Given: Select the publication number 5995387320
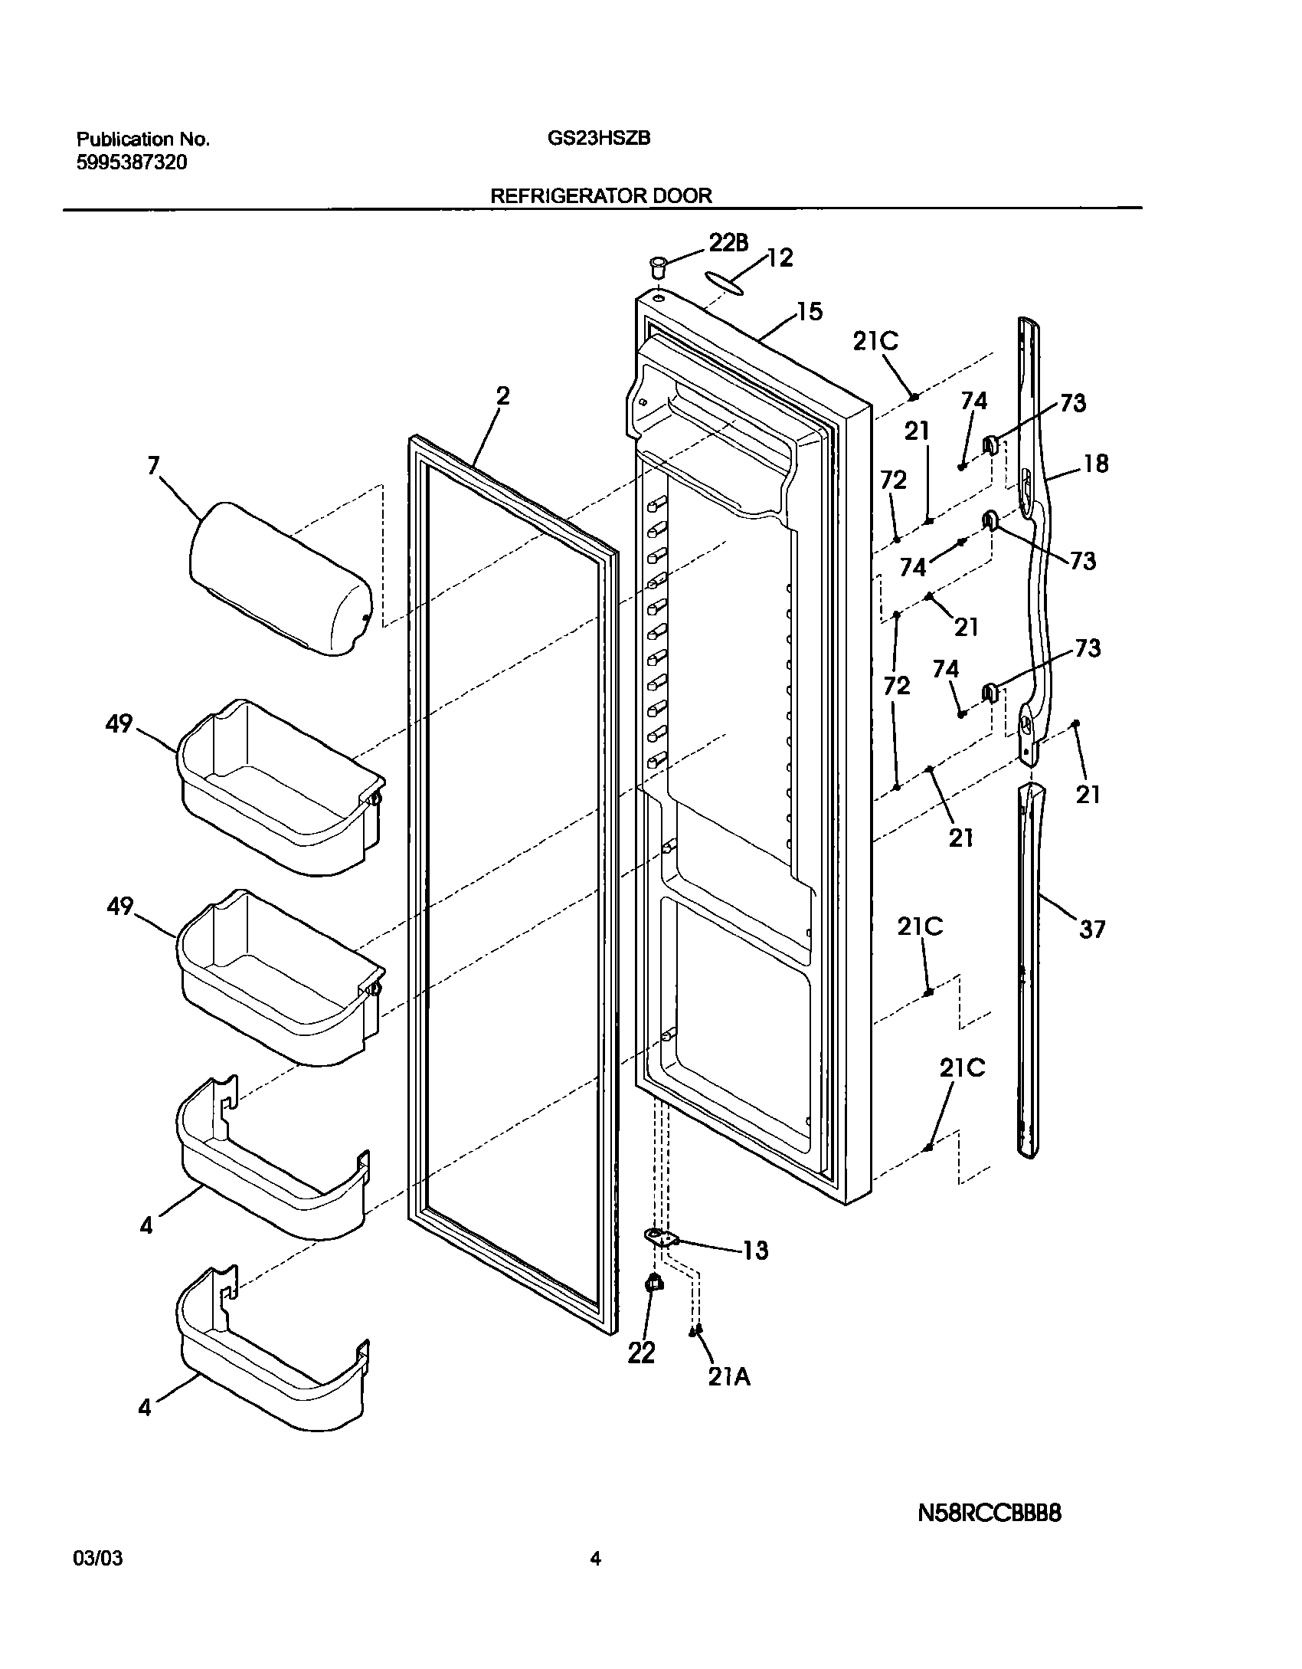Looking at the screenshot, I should point(131,162).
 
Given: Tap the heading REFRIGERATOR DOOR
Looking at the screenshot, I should point(600,195).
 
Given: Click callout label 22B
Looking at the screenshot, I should point(728,243).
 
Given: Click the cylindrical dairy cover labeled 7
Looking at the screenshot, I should point(280,579).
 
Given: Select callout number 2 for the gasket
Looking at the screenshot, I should point(502,396).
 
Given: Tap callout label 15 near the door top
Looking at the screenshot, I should point(809,312).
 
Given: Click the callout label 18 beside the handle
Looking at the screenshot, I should point(1096,464).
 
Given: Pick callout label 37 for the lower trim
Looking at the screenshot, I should point(1092,930).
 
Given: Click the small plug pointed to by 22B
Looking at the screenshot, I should point(657,268).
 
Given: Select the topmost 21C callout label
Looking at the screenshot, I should point(875,341).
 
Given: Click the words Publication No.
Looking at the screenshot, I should point(142,139).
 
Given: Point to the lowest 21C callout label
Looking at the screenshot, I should point(963,1068).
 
